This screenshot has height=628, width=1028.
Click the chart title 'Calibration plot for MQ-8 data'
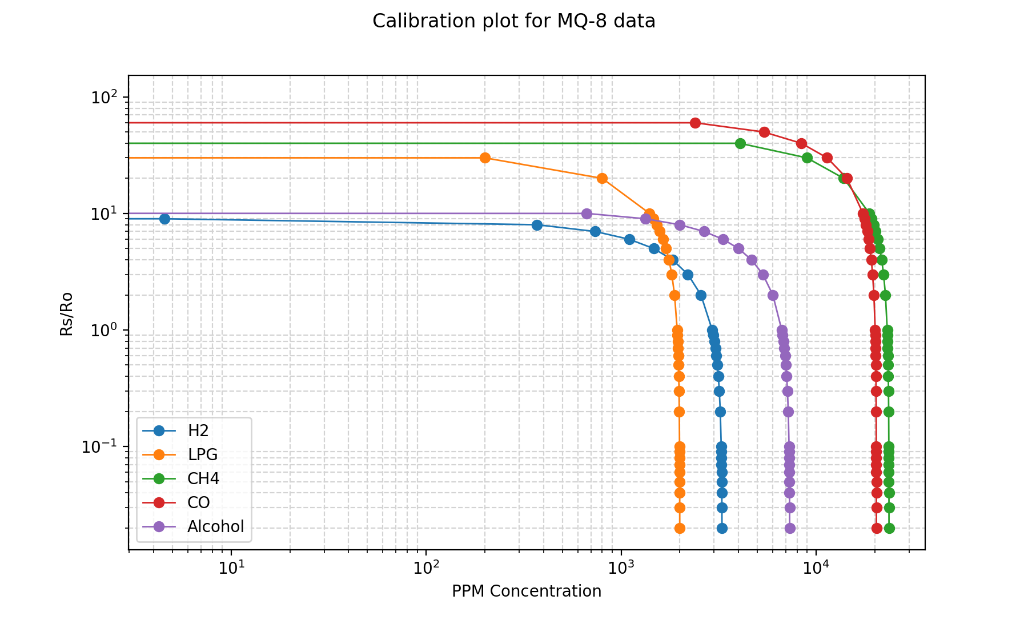click(513, 21)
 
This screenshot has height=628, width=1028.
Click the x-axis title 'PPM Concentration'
click(526, 591)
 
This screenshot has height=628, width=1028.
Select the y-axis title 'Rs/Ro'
click(67, 313)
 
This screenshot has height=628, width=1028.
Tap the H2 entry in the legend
click(198, 431)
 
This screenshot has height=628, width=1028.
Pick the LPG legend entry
click(202, 455)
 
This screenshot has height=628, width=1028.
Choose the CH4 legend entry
click(203, 479)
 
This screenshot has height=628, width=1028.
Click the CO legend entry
click(198, 503)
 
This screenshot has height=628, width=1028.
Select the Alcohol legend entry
click(215, 527)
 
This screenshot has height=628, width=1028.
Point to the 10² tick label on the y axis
click(102, 97)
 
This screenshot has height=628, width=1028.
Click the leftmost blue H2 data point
click(164, 219)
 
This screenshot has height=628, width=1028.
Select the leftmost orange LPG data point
click(485, 158)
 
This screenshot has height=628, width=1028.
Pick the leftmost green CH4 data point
click(740, 143)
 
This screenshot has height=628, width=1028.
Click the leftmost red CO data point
click(695, 123)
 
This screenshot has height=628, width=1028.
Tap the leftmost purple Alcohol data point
click(587, 214)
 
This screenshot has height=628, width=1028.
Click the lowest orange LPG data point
click(680, 528)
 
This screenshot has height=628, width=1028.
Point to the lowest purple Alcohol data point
click(790, 528)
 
